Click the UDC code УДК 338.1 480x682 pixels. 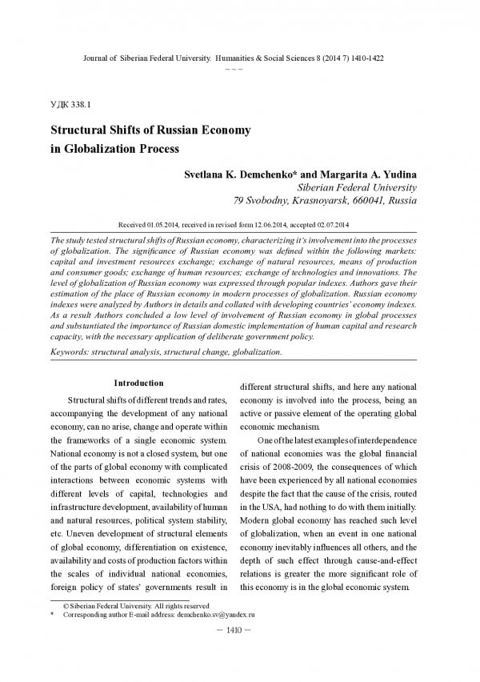[x=70, y=105]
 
